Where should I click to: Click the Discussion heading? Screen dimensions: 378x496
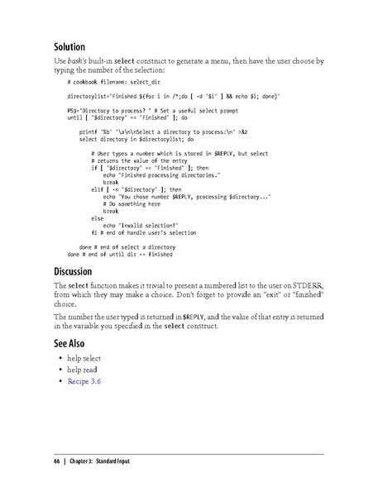[77, 270]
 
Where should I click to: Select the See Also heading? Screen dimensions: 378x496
[73, 343]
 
